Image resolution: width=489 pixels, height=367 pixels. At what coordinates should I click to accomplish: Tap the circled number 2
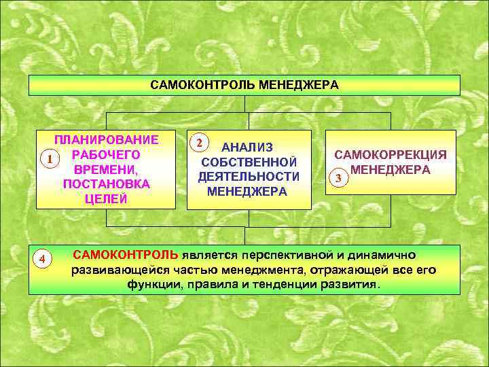tap(198, 143)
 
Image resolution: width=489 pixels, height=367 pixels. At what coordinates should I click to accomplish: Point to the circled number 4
tap(42, 259)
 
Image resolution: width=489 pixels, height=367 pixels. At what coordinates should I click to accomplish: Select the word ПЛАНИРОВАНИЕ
tap(107, 140)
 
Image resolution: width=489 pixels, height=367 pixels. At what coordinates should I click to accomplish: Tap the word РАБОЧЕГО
tap(106, 154)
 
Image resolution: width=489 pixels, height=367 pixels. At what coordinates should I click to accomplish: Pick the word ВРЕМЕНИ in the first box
tap(106, 169)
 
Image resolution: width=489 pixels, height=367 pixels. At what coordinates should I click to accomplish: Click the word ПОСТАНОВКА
tap(106, 184)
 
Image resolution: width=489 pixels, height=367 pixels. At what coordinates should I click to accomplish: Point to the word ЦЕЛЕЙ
tap(106, 199)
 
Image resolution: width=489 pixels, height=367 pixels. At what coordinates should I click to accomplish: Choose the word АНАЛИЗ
tap(248, 147)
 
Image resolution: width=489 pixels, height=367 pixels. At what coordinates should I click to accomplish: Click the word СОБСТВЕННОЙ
tap(249, 162)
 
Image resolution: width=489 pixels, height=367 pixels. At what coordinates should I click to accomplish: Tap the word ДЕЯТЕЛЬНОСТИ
tap(249, 177)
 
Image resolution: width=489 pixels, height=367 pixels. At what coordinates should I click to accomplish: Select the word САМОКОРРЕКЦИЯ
tap(391, 155)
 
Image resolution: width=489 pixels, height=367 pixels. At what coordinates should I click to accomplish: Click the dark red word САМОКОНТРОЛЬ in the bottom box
tap(126, 255)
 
